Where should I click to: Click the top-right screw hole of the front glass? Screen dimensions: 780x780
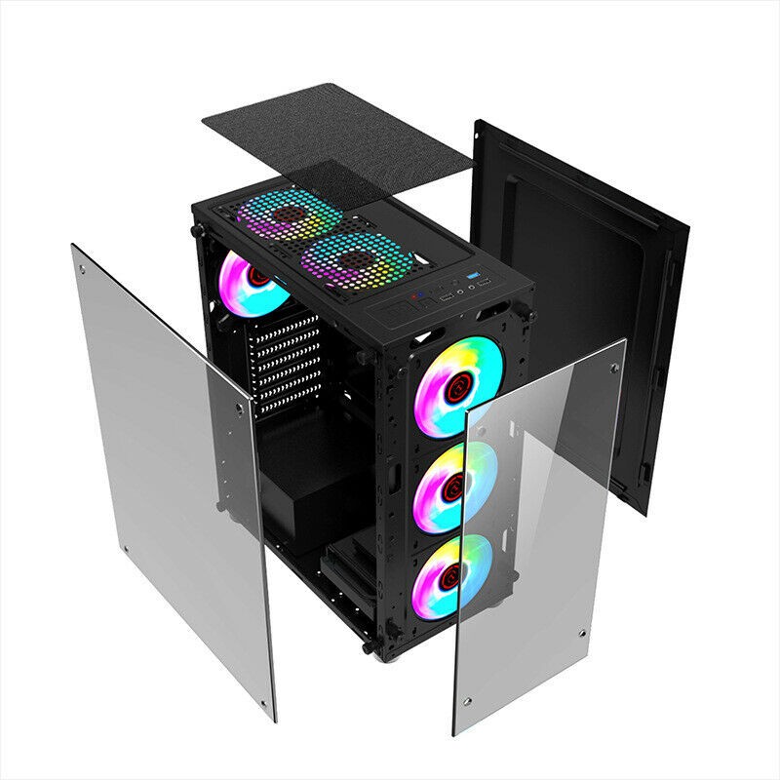(614, 369)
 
